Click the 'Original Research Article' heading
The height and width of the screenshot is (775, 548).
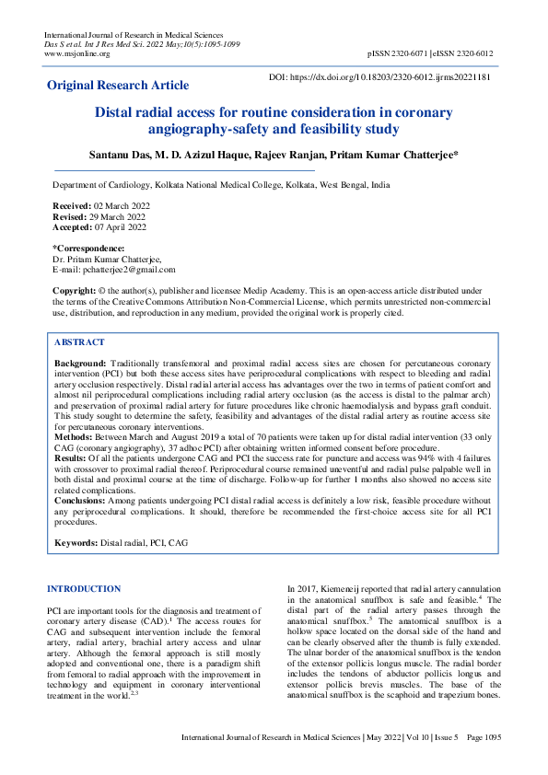pos(117,86)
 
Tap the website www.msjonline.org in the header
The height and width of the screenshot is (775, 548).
pos(77,53)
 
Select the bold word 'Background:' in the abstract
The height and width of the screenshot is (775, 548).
pos(81,364)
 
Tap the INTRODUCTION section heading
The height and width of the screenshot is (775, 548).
pos(83,588)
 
